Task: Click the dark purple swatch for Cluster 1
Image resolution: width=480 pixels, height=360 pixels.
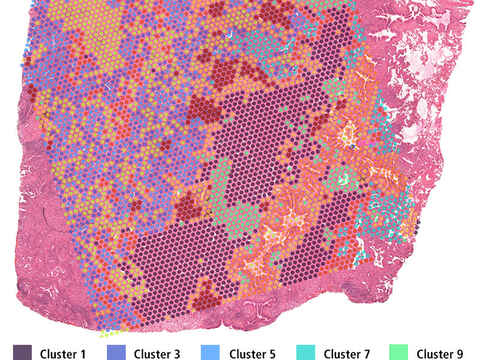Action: (22, 352)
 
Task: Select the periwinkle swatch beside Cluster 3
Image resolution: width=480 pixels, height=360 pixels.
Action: (117, 352)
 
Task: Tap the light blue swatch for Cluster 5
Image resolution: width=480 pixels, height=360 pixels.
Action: (211, 352)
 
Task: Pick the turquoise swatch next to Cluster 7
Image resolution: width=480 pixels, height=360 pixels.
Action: (305, 352)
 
